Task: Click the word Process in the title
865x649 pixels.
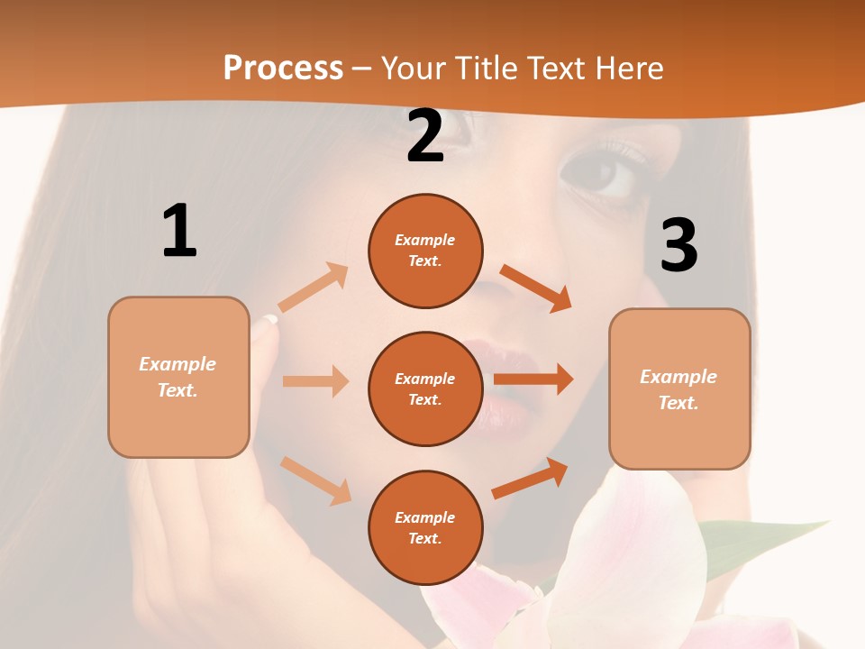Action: pyautogui.click(x=283, y=69)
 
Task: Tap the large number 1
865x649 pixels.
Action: pyautogui.click(x=179, y=231)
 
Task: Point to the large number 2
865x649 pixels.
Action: pyautogui.click(x=425, y=136)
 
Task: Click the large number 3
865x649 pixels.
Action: pyautogui.click(x=678, y=245)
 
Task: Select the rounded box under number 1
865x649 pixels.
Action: pyautogui.click(x=178, y=377)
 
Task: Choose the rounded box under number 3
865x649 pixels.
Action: pyautogui.click(x=679, y=388)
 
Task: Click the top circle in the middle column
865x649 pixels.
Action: pyautogui.click(x=425, y=251)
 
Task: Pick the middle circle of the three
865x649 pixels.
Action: pyautogui.click(x=425, y=388)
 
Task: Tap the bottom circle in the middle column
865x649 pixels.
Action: pyautogui.click(x=425, y=527)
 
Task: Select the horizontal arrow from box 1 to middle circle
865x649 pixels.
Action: pyautogui.click(x=315, y=381)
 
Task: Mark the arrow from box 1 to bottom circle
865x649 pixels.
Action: pyautogui.click(x=316, y=480)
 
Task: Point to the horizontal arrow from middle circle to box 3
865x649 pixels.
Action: pyautogui.click(x=533, y=379)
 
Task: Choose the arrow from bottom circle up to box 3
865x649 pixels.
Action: pyautogui.click(x=531, y=478)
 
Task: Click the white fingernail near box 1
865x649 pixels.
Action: pyautogui.click(x=270, y=318)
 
